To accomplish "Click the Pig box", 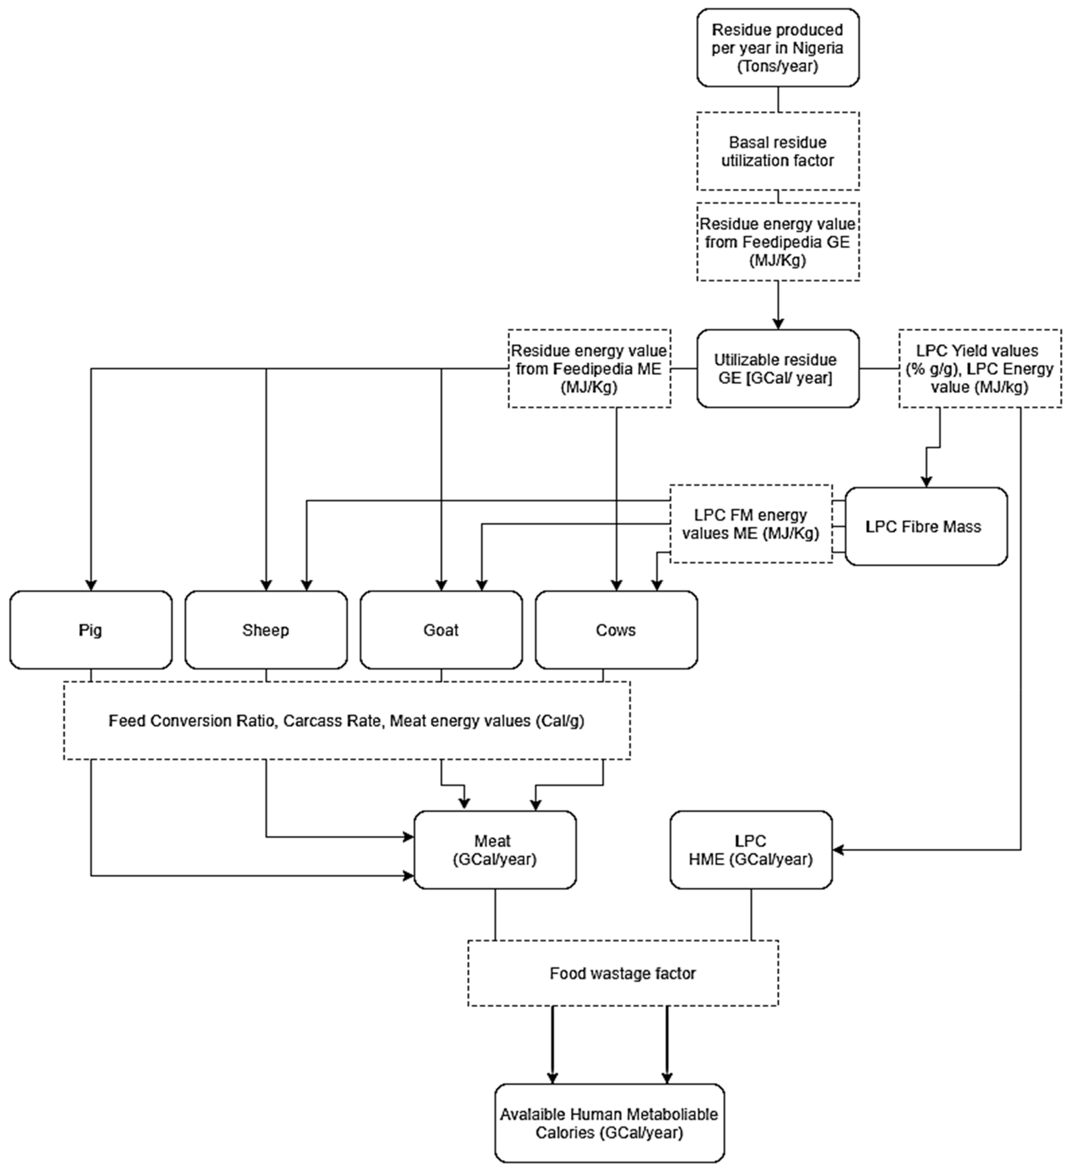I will click(x=91, y=630).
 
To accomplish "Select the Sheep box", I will click(x=266, y=630).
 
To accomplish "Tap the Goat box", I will click(x=441, y=630).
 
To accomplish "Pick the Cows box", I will click(x=616, y=630).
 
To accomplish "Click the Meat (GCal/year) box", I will click(x=495, y=850).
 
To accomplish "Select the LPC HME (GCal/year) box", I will click(x=751, y=850).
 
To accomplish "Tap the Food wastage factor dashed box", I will click(x=623, y=973).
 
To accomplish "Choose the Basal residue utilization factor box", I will click(x=778, y=151).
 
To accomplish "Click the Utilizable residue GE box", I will click(x=778, y=369).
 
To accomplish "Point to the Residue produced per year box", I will click(x=778, y=48).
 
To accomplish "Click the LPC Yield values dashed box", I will click(x=980, y=369).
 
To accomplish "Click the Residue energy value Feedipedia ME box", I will click(x=589, y=369).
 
